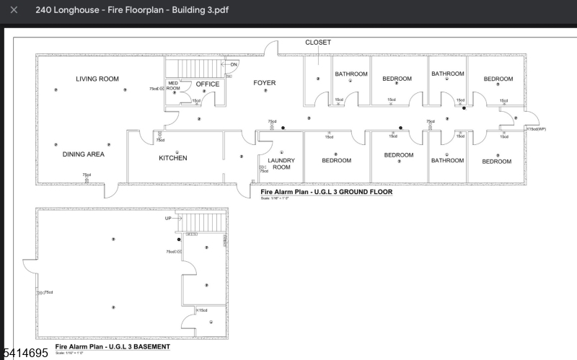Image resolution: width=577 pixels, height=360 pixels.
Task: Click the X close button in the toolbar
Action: (x=14, y=10)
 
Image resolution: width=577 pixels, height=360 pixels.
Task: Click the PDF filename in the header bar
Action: (x=125, y=10)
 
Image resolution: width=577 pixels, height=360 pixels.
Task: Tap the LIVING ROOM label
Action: (x=97, y=79)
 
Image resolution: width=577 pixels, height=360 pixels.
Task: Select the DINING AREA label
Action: (x=84, y=154)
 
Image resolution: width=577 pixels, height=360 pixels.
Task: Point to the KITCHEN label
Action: (x=173, y=158)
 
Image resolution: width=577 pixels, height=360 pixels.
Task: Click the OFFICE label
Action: (x=208, y=84)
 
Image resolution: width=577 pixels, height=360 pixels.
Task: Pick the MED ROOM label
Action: (x=173, y=86)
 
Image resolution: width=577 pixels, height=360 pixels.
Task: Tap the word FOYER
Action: (x=264, y=83)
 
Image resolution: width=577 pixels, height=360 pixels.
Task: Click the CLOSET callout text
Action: (x=318, y=43)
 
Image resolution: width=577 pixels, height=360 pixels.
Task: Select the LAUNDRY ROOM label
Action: (x=281, y=164)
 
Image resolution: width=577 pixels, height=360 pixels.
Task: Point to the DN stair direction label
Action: (x=234, y=65)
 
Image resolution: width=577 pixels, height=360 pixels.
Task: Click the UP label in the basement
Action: (x=169, y=218)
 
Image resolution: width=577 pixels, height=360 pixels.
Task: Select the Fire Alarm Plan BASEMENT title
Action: (x=113, y=346)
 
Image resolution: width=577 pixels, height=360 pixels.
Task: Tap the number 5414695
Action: (x=25, y=353)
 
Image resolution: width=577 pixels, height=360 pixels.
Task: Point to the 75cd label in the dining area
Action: (x=87, y=175)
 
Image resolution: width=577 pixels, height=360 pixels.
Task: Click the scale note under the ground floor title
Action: (x=275, y=199)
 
